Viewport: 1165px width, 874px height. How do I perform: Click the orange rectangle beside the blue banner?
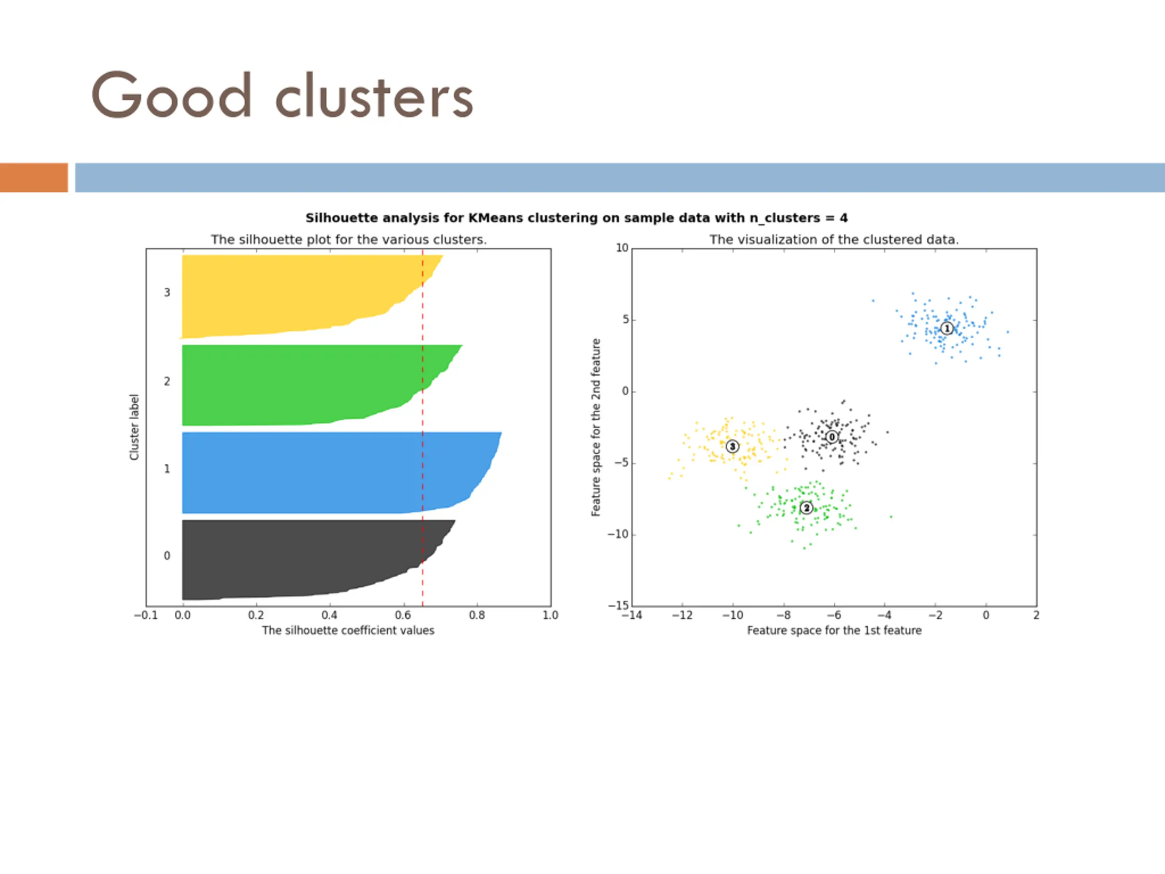click(x=34, y=178)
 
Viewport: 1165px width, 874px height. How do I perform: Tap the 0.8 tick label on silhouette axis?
click(x=476, y=615)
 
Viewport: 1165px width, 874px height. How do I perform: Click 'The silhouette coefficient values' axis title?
click(x=348, y=630)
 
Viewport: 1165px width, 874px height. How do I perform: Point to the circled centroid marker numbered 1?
click(x=947, y=329)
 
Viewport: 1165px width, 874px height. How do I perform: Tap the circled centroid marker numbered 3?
click(x=732, y=447)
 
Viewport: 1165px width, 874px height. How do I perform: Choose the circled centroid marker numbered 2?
click(x=806, y=508)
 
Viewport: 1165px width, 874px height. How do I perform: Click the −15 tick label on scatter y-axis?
click(x=618, y=606)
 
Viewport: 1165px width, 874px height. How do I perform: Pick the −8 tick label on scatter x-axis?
click(x=783, y=615)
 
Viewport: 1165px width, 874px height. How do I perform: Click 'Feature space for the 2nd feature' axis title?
click(x=596, y=427)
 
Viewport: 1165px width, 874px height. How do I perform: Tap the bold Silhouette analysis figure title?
click(x=576, y=218)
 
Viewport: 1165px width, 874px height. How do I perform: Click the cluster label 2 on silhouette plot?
click(x=167, y=381)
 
